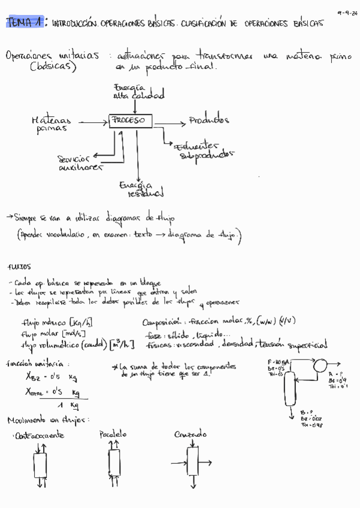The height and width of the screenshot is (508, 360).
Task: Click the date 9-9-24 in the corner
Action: click(346, 11)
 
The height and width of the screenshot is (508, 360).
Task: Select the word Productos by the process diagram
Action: click(209, 120)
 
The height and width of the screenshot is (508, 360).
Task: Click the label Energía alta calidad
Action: click(138, 92)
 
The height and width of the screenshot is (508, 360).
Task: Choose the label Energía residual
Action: click(141, 189)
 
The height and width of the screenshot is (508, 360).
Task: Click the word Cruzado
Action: click(190, 434)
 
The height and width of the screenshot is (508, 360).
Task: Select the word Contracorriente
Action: click(39, 436)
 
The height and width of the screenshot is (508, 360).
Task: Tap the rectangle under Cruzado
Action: click(193, 462)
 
